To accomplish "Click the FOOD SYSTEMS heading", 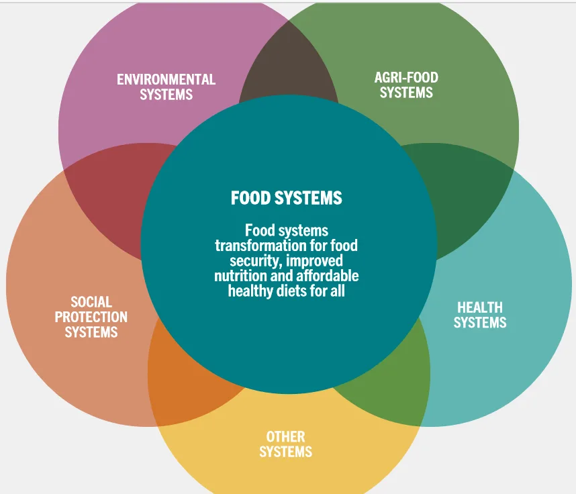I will [x=287, y=198].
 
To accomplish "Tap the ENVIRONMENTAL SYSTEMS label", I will [x=166, y=87].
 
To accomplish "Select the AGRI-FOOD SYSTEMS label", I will [x=406, y=85].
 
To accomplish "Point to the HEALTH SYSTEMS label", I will [x=479, y=315].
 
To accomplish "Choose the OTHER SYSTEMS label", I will [x=285, y=444].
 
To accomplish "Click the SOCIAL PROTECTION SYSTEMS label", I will [x=91, y=317].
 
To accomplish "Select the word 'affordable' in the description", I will [x=330, y=276].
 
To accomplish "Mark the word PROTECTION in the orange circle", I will [x=91, y=317].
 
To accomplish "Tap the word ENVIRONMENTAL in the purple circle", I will [x=166, y=79].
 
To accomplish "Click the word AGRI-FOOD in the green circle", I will [x=406, y=77].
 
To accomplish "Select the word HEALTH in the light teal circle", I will [x=479, y=307].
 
